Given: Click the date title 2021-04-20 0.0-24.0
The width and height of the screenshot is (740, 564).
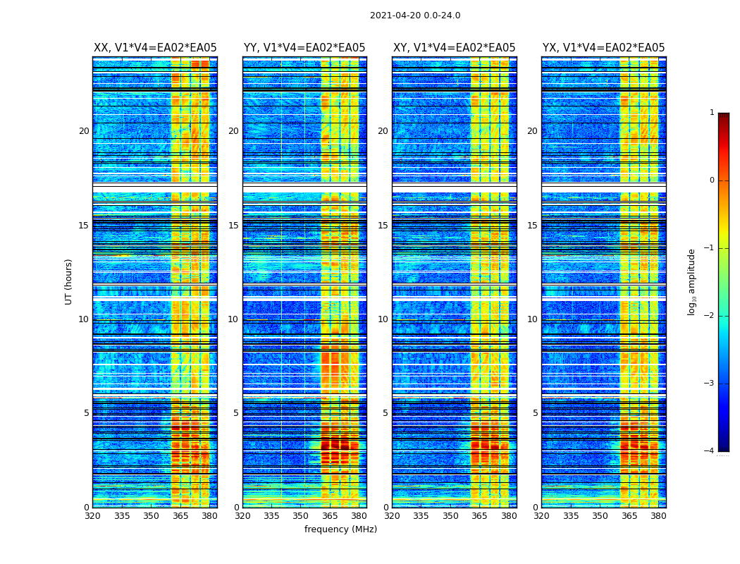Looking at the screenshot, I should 415,16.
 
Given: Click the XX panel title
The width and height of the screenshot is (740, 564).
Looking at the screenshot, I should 155,48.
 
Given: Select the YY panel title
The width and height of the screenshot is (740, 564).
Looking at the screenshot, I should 304,48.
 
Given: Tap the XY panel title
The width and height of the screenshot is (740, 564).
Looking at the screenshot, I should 454,48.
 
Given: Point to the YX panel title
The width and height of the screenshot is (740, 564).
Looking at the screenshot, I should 603,48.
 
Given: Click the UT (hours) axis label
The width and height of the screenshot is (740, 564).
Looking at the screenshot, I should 69,281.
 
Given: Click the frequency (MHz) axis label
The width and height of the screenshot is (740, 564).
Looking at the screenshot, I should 340,529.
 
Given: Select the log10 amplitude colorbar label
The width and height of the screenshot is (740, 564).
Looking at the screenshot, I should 692,281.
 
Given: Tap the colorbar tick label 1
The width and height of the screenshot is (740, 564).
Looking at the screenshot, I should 712,113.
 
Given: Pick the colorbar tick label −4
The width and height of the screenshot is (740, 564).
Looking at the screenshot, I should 710,451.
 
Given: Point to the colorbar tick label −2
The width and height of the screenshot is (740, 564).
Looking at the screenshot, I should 710,316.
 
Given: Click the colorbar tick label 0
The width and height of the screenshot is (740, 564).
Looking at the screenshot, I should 712,180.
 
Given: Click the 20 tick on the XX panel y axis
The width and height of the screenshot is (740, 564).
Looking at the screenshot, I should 84,131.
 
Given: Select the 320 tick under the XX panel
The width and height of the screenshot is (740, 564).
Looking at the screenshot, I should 92,516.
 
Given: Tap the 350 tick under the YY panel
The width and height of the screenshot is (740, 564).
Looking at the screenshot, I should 300,516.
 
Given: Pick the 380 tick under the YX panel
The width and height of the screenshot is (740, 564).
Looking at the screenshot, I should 658,516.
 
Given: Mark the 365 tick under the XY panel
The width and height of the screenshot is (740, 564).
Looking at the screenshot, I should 479,516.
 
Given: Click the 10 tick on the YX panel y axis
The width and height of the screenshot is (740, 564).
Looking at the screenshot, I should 532,319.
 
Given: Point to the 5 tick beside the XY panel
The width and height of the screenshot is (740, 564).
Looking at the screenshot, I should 386,413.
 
